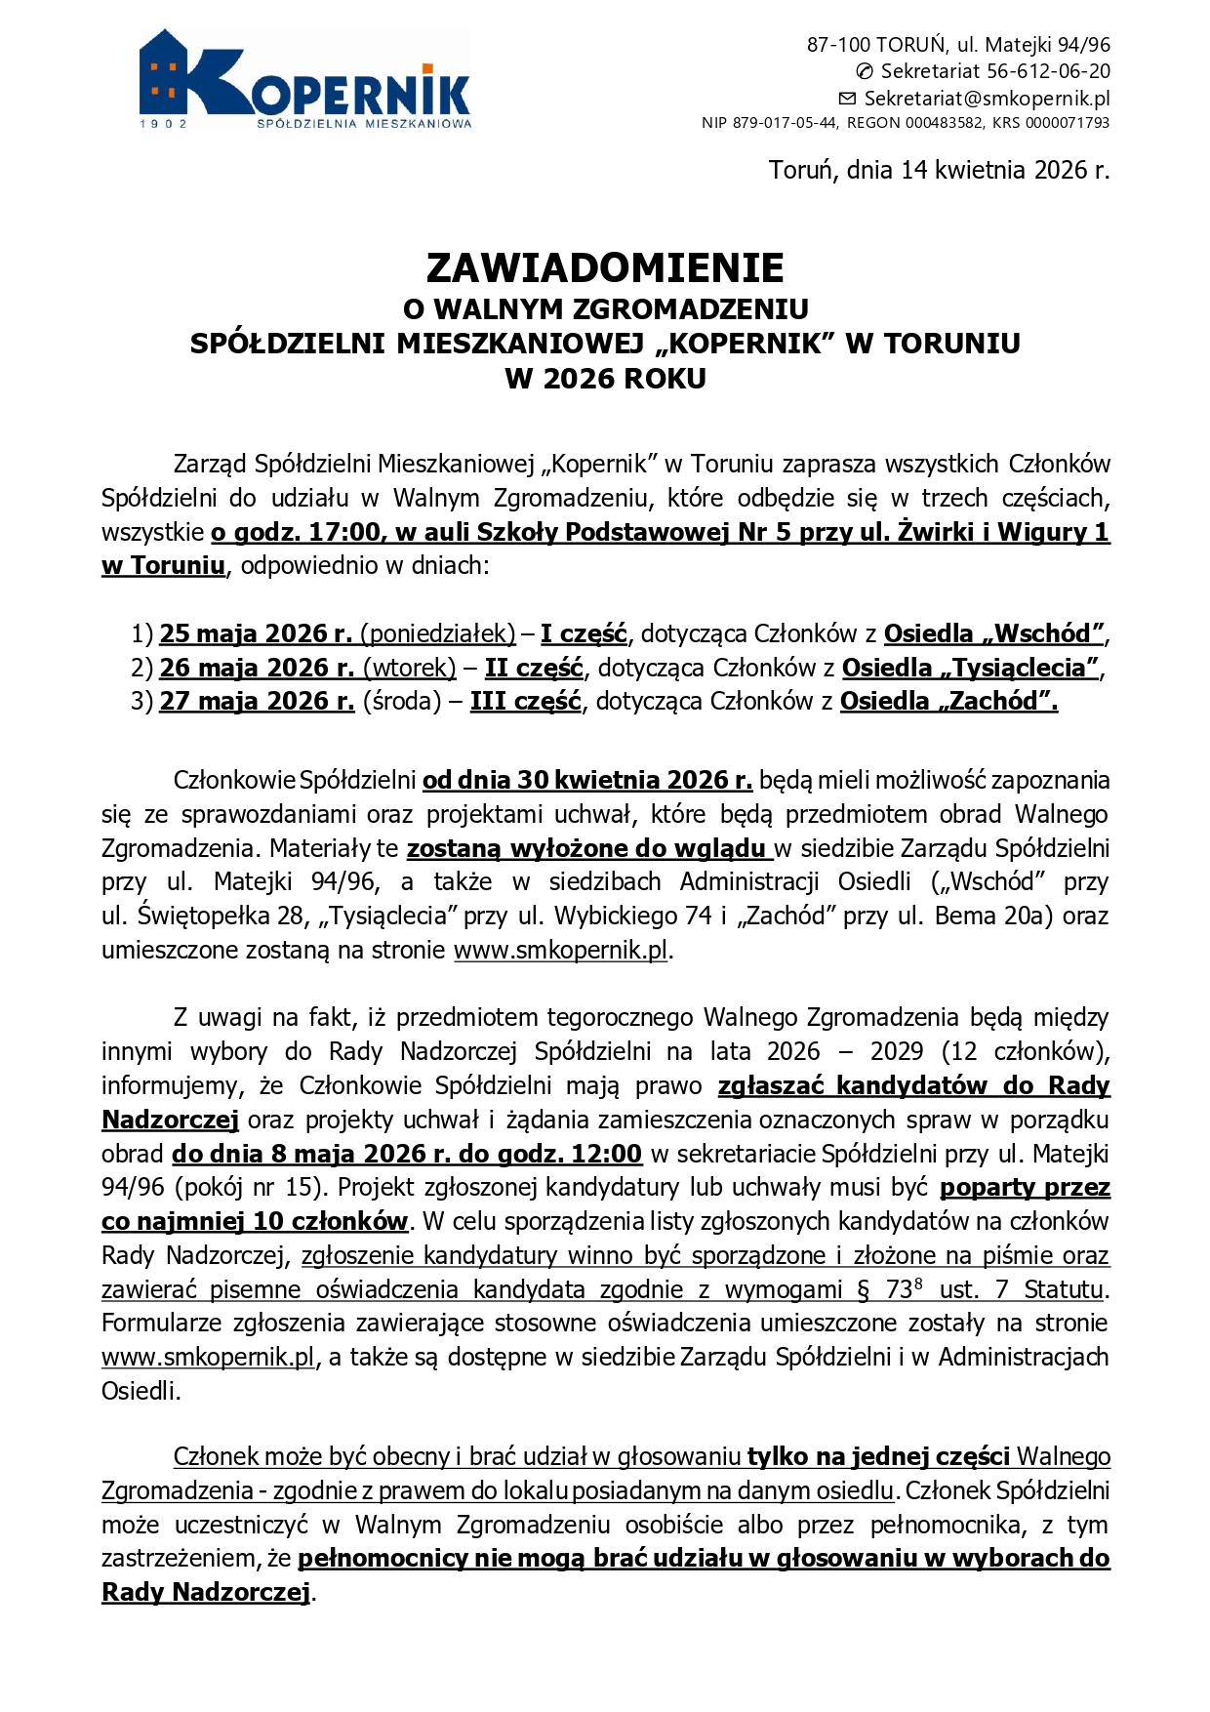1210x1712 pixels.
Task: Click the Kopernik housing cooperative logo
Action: pyautogui.click(x=305, y=80)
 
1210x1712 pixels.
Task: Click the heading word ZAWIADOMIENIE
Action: pyautogui.click(x=605, y=268)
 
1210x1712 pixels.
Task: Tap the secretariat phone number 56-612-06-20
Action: pyautogui.click(x=1048, y=71)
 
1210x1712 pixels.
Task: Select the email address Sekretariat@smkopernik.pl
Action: pyautogui.click(x=987, y=99)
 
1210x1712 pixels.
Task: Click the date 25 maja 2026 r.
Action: pyautogui.click(x=256, y=634)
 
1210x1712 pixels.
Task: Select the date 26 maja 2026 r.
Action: pyautogui.click(x=257, y=669)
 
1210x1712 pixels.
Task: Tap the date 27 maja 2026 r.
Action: pyautogui.click(x=257, y=702)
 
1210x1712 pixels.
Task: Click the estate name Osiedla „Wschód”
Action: pyautogui.click(x=993, y=634)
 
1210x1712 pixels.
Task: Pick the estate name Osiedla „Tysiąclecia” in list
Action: pyautogui.click(x=970, y=669)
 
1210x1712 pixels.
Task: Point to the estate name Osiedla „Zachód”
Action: pyautogui.click(x=948, y=702)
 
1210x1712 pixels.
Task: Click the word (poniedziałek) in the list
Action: pyautogui.click(x=438, y=634)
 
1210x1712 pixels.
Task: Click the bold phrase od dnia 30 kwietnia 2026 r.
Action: pyautogui.click(x=586, y=781)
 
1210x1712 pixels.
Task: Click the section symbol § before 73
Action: pyautogui.click(x=863, y=1290)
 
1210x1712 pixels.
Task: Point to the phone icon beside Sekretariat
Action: pyautogui.click(x=865, y=71)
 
